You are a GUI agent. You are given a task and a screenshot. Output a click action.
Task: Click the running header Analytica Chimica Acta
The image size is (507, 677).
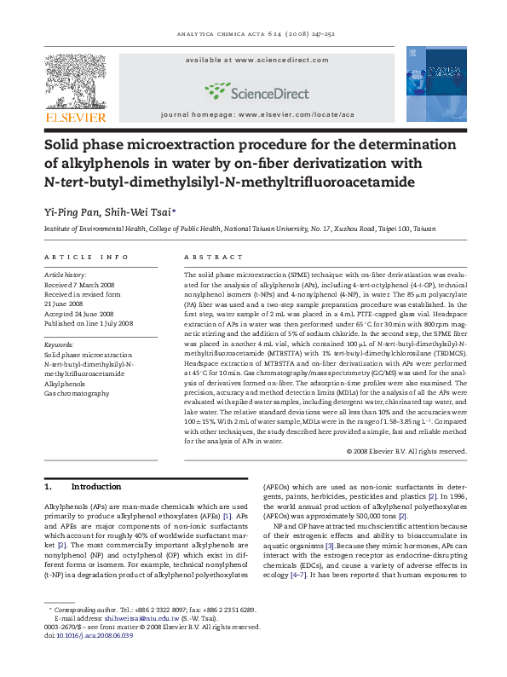coord(253,37)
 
